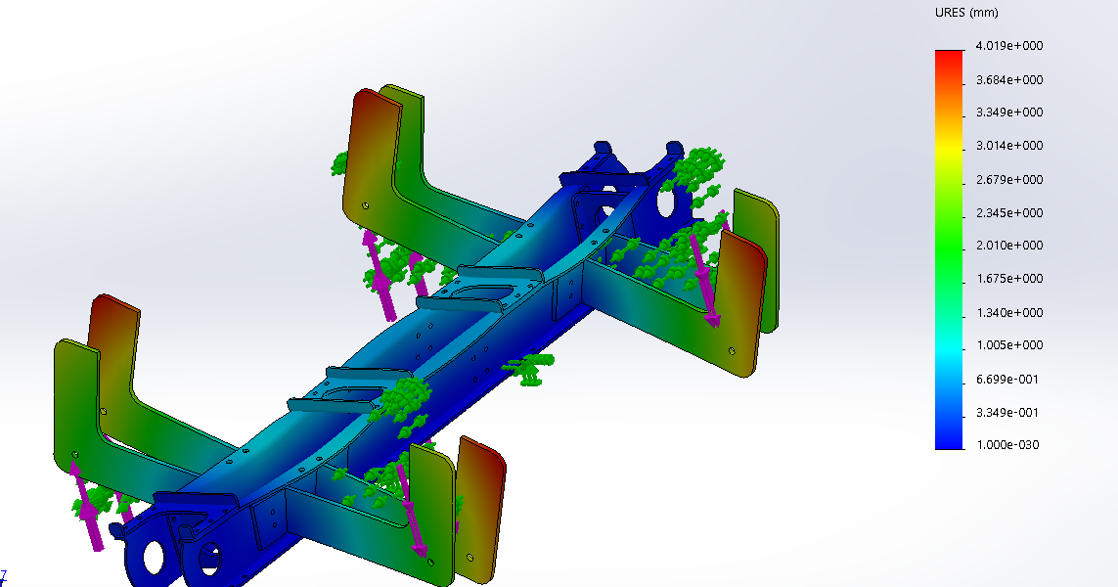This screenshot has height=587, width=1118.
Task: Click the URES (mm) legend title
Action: pyautogui.click(x=966, y=13)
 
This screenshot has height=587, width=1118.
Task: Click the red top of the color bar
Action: pyautogui.click(x=949, y=57)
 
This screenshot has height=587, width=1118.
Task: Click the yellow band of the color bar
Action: pyautogui.click(x=949, y=147)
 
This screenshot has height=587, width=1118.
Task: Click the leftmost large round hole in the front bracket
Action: pyautogui.click(x=154, y=556)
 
